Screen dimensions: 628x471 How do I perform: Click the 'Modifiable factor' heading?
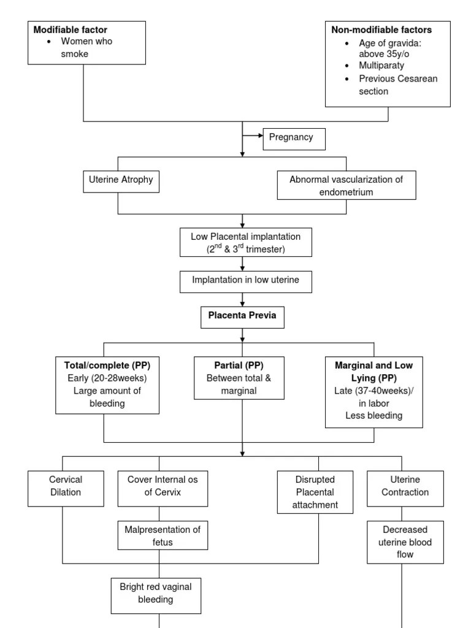pyautogui.click(x=71, y=29)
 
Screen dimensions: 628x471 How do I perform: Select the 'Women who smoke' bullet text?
pyautogui.click(x=86, y=47)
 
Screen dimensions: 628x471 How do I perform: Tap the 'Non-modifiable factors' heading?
pyautogui.click(x=381, y=29)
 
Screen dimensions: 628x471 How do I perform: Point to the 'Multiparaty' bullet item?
pyautogui.click(x=381, y=66)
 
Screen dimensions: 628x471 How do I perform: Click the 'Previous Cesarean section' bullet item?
pyautogui.click(x=398, y=85)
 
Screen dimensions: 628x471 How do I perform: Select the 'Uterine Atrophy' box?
pyautogui.click(x=121, y=181)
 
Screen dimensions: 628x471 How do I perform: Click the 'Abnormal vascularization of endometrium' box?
pyautogui.click(x=346, y=185)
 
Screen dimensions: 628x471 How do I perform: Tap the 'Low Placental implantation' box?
pyautogui.click(x=245, y=242)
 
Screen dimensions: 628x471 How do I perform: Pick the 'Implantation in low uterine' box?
pyautogui.click(x=245, y=280)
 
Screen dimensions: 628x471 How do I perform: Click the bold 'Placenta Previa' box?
pyautogui.click(x=242, y=316)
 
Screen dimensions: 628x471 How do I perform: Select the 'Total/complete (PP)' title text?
pyautogui.click(x=107, y=365)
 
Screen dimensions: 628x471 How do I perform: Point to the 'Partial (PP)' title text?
pyautogui.click(x=239, y=365)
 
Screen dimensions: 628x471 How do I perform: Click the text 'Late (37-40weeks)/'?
pyautogui.click(x=373, y=391)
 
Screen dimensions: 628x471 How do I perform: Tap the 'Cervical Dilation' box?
pyautogui.click(x=66, y=486)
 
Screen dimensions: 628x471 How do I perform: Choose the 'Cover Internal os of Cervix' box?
pyautogui.click(x=163, y=486)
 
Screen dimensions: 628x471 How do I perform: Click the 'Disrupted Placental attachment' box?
pyautogui.click(x=315, y=492)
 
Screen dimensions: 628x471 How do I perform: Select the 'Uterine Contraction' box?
pyautogui.click(x=405, y=486)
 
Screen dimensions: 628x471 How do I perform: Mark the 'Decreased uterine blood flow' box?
pyautogui.click(x=405, y=542)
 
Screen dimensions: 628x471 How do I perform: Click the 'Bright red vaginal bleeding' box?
pyautogui.click(x=155, y=593)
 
